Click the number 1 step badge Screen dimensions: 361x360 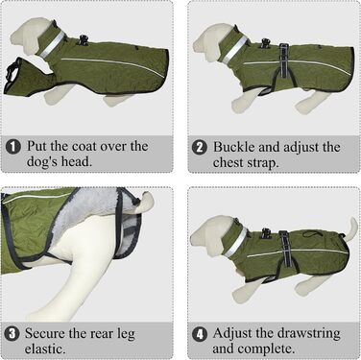pos(13,147)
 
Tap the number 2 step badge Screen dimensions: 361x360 pos(200,148)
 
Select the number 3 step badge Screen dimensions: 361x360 pos(12,334)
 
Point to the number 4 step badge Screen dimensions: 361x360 pos(200,334)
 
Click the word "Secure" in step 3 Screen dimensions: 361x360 pos(45,334)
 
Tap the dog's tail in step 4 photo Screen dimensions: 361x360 pos(351,228)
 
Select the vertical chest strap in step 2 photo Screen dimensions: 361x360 pos(283,60)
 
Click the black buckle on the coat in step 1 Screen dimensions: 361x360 pos(84,40)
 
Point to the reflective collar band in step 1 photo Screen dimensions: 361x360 pos(52,45)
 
